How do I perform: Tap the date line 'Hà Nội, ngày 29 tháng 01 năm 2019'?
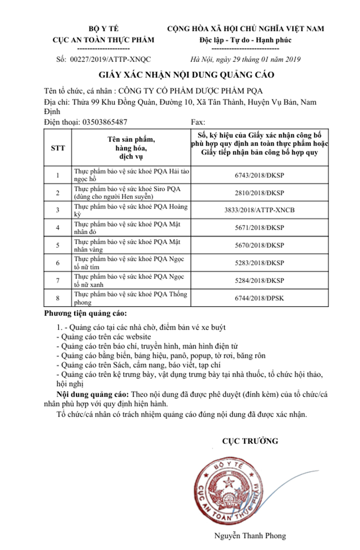click(x=246, y=59)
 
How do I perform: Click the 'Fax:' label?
click(x=198, y=122)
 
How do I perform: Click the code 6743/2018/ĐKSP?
click(x=260, y=175)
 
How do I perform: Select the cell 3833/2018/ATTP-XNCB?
click(x=260, y=210)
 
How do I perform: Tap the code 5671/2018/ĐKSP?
click(x=260, y=228)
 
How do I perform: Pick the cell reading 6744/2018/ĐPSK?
click(x=260, y=298)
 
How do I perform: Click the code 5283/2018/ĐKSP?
click(x=260, y=263)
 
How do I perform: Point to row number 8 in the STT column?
click(x=58, y=298)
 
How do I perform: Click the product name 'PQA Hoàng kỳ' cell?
click(x=131, y=210)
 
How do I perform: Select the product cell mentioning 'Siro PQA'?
click(x=131, y=192)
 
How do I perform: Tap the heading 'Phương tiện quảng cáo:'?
click(x=85, y=313)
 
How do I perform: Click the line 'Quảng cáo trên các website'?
click(x=103, y=336)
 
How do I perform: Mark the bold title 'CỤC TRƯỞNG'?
click(x=250, y=441)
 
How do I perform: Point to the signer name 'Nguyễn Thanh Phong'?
click(x=250, y=536)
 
